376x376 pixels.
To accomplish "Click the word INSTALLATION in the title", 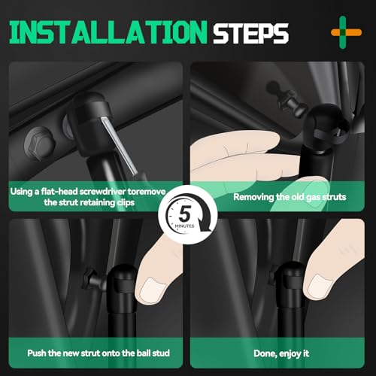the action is coord(108,32).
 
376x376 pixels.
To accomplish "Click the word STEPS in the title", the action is coord(250,33).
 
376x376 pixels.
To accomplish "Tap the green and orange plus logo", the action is coord(346,32).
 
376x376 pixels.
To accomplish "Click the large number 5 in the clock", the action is coord(185,214).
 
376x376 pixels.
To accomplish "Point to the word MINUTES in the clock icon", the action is coord(185,226).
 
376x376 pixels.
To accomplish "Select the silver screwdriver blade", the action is coord(120,146).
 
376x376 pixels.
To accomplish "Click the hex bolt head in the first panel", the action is coord(40,144).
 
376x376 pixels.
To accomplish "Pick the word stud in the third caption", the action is coord(161,353).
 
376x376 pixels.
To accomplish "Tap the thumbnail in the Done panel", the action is coord(320,286).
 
